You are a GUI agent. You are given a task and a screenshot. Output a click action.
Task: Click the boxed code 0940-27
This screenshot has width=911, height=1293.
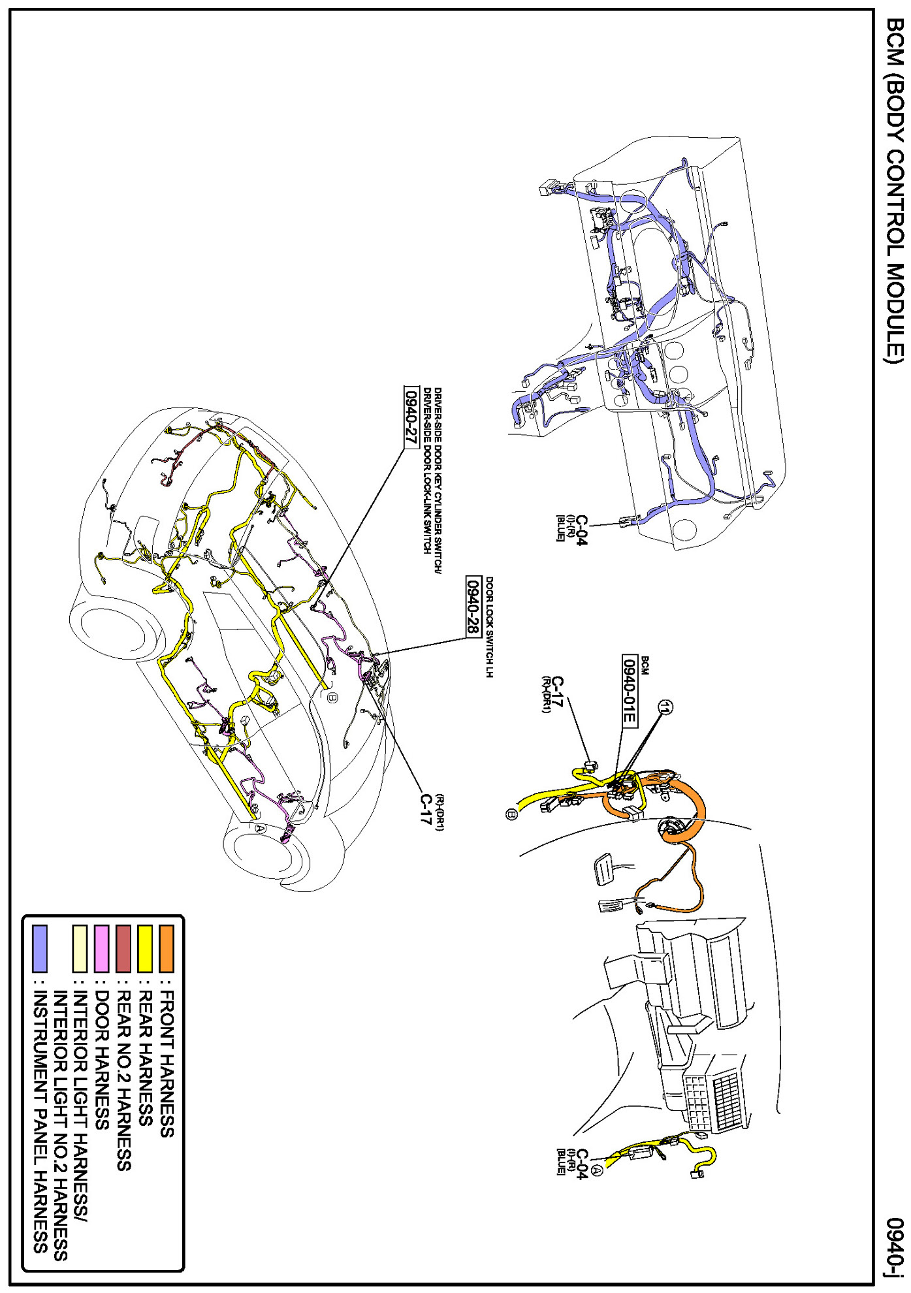pyautogui.click(x=410, y=417)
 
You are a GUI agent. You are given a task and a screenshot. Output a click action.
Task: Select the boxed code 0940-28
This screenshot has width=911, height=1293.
pyautogui.click(x=473, y=606)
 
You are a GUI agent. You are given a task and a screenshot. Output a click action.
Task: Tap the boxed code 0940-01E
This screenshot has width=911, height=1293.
pyautogui.click(x=629, y=690)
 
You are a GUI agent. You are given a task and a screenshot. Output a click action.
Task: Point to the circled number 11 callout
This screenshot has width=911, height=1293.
pyautogui.click(x=665, y=707)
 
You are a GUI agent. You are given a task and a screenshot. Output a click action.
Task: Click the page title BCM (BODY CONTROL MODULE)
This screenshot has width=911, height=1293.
pyautogui.click(x=893, y=189)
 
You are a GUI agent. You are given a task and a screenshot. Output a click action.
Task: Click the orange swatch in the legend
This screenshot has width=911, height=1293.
pyautogui.click(x=167, y=948)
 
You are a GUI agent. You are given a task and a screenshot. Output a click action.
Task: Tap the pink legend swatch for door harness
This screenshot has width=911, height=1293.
pyautogui.click(x=103, y=948)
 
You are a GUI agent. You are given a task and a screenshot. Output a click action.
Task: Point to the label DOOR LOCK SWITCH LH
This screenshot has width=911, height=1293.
pyautogui.click(x=489, y=627)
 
